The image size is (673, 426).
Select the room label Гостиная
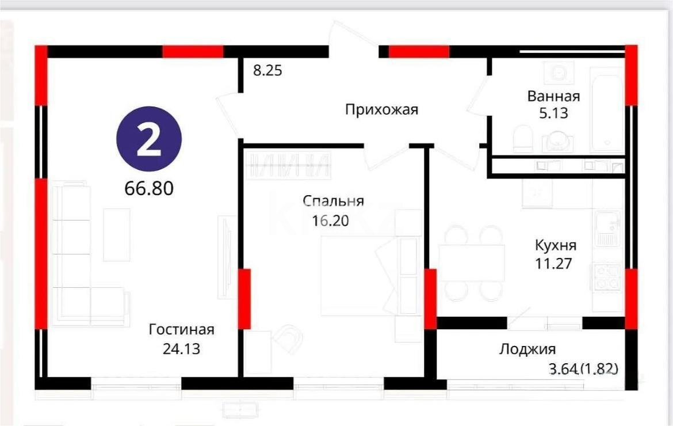pos(181,330)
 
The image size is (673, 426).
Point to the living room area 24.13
pos(181,348)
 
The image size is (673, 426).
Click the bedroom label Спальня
pos(334,201)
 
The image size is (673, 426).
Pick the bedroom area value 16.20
pos(331,220)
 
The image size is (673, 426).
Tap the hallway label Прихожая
pos(381,109)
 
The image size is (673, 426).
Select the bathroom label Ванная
pos(553,96)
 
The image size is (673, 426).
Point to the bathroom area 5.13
pos(553,113)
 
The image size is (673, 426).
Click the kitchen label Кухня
pos(555,245)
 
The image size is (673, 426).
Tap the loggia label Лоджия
pos(527,349)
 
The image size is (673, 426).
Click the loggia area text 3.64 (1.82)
pos(584,368)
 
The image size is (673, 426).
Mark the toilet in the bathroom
pos(522,139)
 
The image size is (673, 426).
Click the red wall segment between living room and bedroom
pos(244,298)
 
